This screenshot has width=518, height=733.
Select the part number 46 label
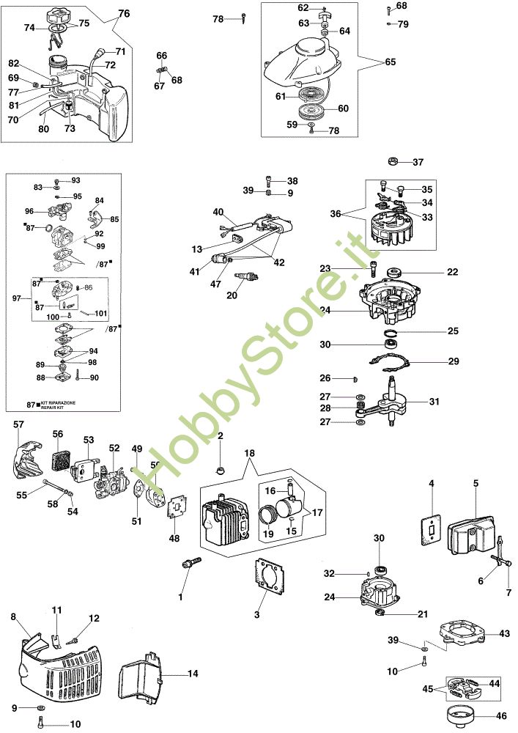(500, 715)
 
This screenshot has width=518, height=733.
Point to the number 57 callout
(18, 424)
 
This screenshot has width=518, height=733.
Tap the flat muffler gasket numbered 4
(432, 530)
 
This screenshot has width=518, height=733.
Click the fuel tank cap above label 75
(59, 20)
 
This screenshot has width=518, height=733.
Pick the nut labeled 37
(393, 162)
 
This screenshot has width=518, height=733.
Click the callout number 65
(390, 62)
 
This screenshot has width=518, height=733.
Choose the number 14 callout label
(193, 674)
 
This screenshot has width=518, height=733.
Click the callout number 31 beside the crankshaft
(434, 401)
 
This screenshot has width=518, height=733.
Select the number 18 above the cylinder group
(249, 453)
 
